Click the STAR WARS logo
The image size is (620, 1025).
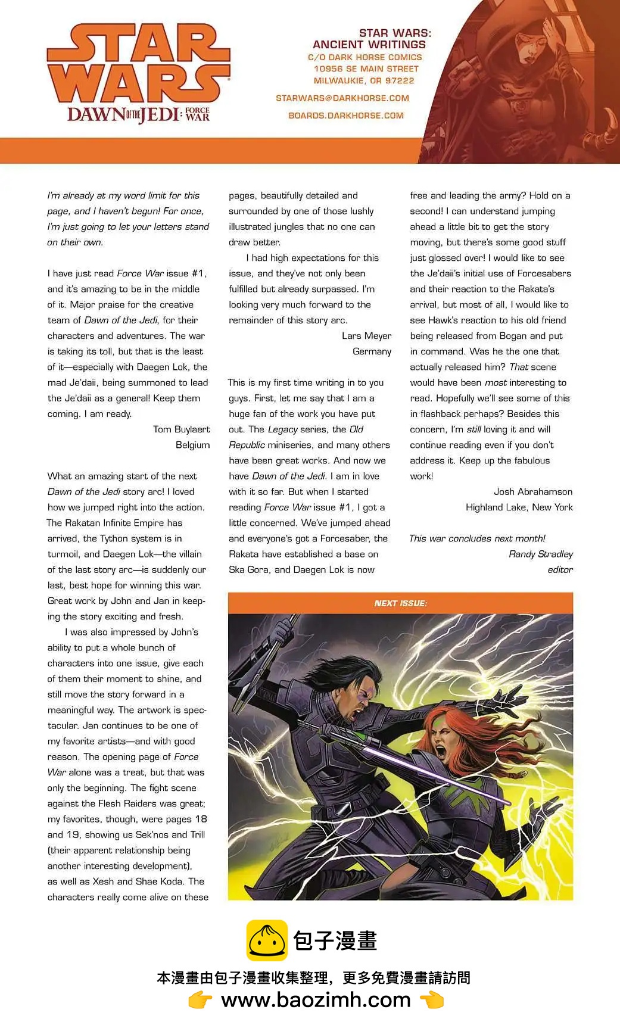(138, 64)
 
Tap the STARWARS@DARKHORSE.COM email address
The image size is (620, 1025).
(342, 98)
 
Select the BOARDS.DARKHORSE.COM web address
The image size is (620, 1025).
(346, 116)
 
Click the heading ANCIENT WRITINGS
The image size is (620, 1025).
(369, 45)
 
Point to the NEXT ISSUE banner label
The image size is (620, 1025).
(400, 603)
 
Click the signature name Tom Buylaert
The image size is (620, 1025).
(181, 429)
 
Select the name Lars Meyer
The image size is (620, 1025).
(366, 336)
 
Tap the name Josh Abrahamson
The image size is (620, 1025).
(532, 492)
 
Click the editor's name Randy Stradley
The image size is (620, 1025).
(540, 554)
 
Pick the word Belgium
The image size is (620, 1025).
(192, 445)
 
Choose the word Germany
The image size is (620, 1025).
(372, 351)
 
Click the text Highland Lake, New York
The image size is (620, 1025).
(519, 507)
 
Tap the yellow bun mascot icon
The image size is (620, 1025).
(267, 940)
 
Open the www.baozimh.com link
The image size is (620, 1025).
(316, 1000)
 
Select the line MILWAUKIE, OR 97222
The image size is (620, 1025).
(364, 80)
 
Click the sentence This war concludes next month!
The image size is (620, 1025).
(477, 538)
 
